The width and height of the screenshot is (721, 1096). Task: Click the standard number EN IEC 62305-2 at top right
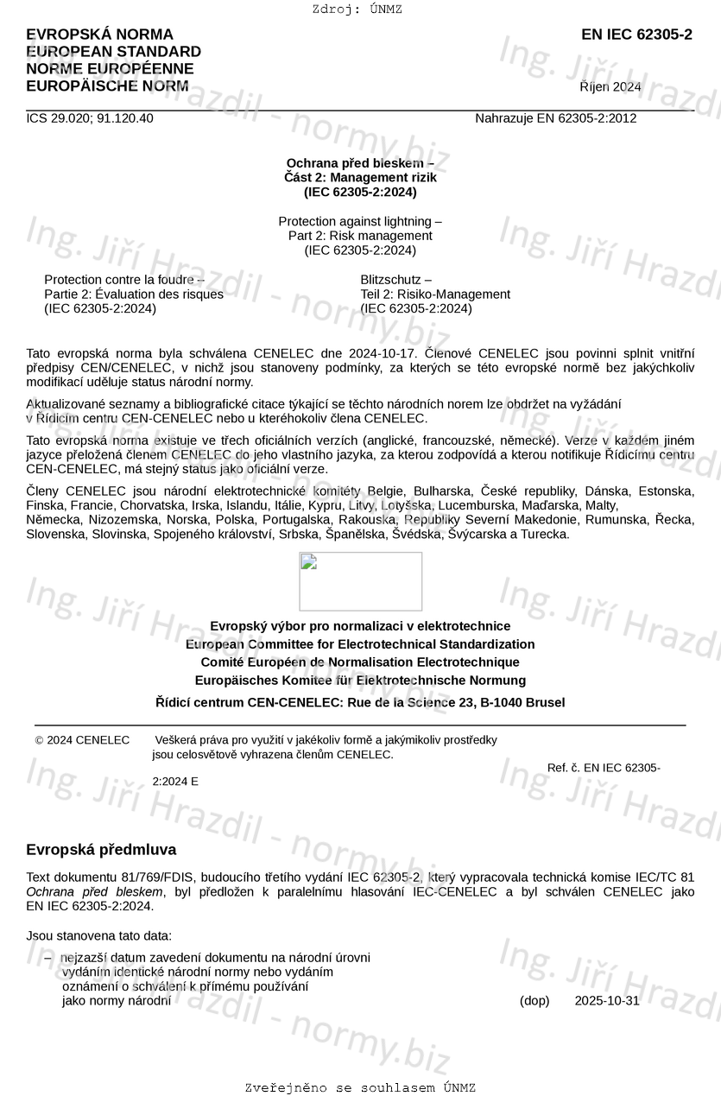tap(636, 35)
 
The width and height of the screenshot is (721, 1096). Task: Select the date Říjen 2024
tap(610, 86)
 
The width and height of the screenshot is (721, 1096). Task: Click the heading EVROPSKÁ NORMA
tap(99, 35)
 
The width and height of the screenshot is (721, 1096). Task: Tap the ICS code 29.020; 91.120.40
tap(90, 118)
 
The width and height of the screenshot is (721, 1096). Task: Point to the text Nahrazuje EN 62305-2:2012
tap(555, 118)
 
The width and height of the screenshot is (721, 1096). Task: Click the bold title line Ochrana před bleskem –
tap(360, 163)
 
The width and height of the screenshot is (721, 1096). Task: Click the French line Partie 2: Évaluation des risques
tap(134, 294)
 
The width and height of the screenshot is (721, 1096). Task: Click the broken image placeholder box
tap(360, 581)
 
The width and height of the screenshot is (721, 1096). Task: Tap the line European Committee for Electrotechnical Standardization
tap(360, 644)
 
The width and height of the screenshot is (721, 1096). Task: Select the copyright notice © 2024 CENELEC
tap(83, 740)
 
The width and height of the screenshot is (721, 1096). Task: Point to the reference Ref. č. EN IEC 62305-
tap(604, 768)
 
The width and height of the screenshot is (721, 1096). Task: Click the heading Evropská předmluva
tap(101, 850)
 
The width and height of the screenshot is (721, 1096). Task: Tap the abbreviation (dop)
tap(534, 1001)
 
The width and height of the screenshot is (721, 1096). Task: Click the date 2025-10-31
tap(607, 1001)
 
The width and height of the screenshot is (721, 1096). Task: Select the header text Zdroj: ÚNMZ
tap(357, 10)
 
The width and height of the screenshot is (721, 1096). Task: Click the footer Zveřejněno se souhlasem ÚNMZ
tap(360, 1087)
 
